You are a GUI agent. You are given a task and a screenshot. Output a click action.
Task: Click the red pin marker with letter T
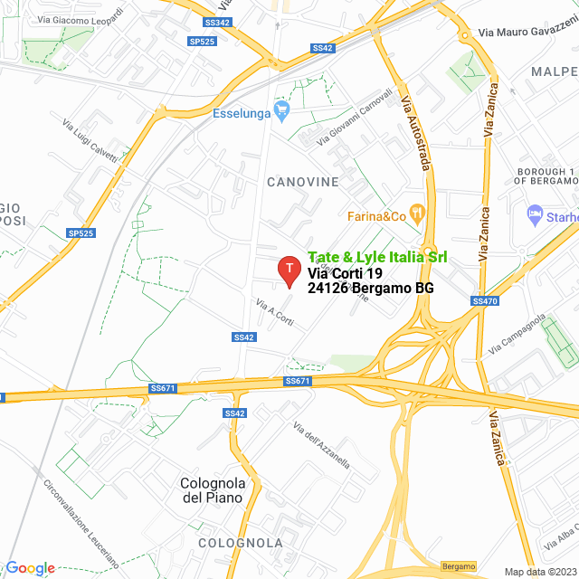289,269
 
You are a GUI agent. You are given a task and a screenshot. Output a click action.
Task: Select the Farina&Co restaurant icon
417,215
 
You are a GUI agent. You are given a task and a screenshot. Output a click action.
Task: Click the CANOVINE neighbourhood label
302,182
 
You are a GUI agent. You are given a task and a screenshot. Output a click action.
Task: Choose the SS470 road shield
485,300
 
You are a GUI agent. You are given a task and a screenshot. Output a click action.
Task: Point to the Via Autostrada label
414,130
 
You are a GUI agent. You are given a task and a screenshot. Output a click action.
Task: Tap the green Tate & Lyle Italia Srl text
377,258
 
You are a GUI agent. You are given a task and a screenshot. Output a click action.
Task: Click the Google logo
30,568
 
